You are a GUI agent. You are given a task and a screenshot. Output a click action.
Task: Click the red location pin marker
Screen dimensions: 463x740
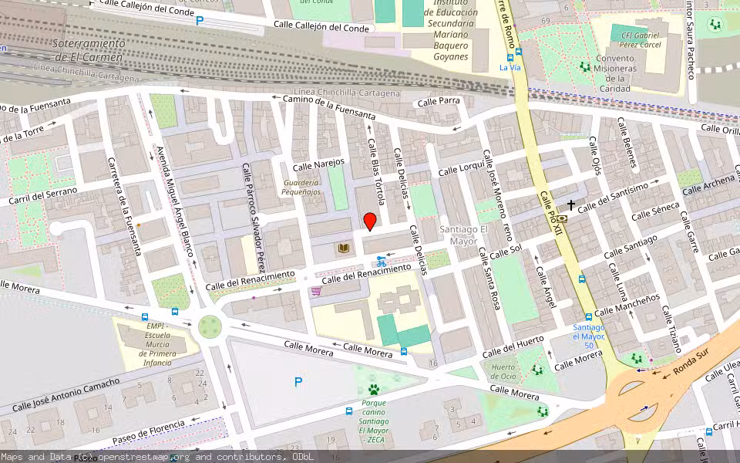[370, 221]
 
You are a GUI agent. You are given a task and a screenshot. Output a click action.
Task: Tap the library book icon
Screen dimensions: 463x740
[343, 248]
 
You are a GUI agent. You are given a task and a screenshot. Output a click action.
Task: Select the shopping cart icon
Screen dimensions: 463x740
[316, 291]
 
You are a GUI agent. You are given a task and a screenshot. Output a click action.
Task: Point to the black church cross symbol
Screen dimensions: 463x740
[571, 205]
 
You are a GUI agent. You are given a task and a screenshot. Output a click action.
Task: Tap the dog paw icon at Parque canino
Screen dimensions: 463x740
[374, 390]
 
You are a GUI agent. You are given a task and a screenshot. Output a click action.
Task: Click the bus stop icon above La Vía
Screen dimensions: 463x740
[518, 52]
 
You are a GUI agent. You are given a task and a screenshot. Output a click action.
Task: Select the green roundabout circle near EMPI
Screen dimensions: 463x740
[210, 326]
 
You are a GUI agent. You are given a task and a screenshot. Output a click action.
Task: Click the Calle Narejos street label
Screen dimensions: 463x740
[318, 164]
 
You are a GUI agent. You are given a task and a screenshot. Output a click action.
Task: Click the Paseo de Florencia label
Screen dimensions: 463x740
[148, 431]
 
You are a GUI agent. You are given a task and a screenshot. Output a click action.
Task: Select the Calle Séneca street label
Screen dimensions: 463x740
[657, 211]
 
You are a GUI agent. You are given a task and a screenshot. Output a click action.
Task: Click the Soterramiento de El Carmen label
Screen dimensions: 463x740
[87, 50]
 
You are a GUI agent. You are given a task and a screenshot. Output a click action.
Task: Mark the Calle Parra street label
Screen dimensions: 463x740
[438, 101]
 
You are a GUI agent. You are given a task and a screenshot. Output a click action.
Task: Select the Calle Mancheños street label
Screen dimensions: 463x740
[627, 305]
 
